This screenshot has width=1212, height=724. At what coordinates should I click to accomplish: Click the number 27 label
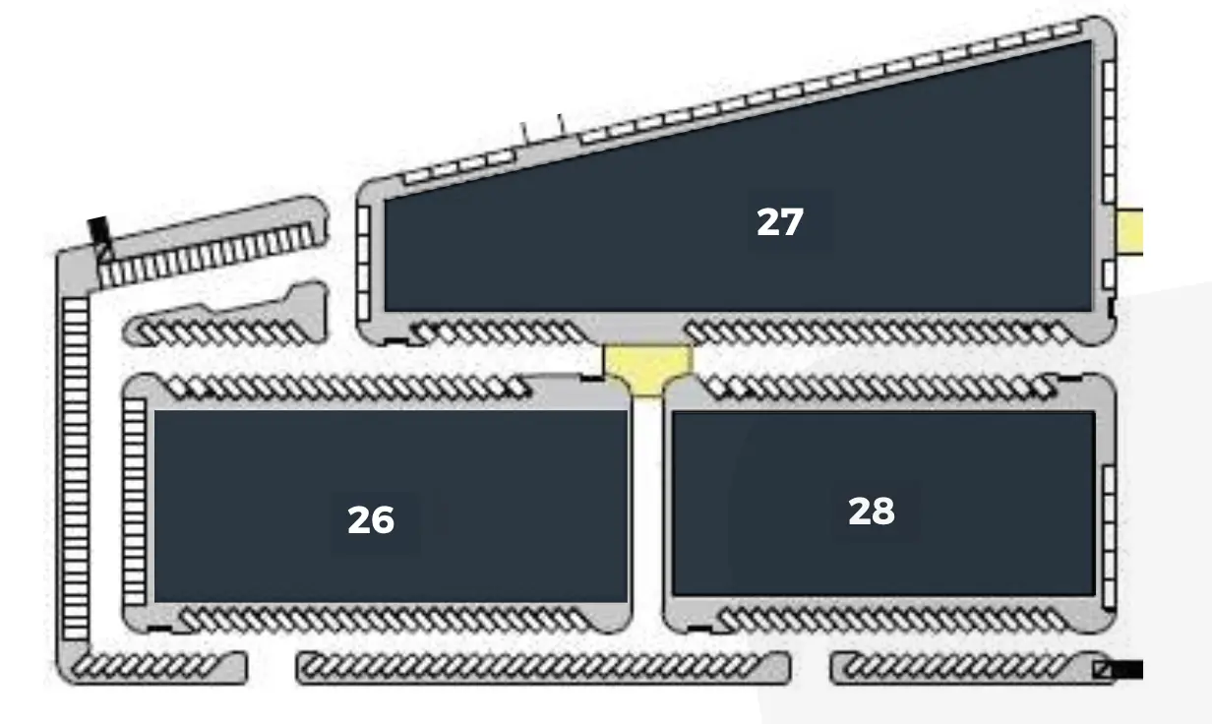click(x=780, y=222)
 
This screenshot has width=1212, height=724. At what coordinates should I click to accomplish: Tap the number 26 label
click(x=371, y=520)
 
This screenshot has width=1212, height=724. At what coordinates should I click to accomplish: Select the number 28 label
click(x=872, y=511)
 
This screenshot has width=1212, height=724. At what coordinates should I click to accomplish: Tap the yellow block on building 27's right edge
click(x=1129, y=231)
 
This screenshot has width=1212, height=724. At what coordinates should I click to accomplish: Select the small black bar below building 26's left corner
click(x=159, y=629)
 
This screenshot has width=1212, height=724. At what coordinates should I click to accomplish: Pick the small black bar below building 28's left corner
click(x=700, y=629)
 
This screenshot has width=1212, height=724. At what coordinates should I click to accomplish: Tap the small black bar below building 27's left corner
click(x=396, y=341)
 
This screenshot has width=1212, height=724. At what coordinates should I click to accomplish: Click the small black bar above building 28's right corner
click(x=1069, y=379)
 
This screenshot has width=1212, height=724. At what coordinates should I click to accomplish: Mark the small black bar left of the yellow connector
click(x=592, y=379)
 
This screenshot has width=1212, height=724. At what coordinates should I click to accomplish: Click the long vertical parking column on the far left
click(x=76, y=468)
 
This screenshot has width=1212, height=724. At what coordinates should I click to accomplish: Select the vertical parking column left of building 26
click(x=135, y=502)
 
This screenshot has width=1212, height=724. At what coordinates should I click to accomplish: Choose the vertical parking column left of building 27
click(x=364, y=263)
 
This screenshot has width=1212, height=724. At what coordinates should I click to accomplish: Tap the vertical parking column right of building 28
click(x=1109, y=536)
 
